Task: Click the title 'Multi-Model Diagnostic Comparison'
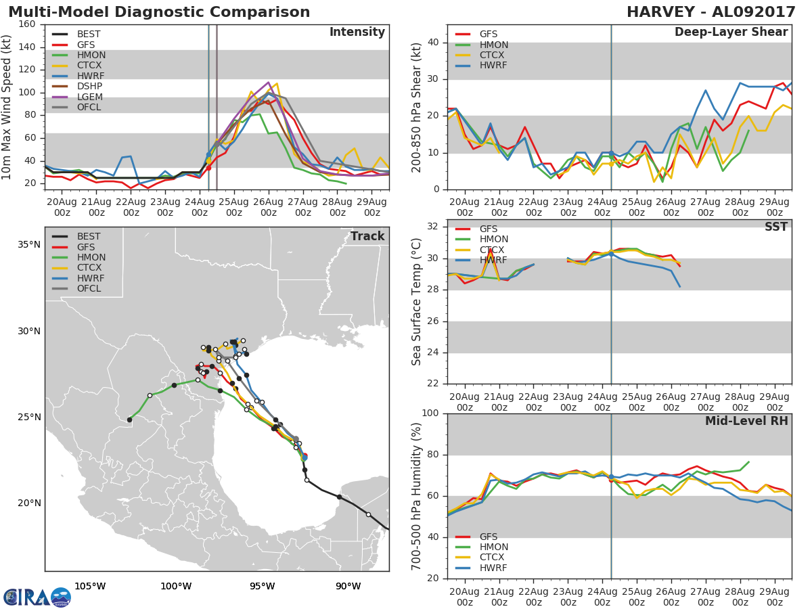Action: coord(159,12)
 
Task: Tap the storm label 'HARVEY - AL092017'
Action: coord(711,12)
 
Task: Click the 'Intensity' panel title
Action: coord(357,32)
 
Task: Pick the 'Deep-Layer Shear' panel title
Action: coord(731,32)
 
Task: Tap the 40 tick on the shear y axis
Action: coord(433,42)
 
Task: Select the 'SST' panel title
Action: coord(776,226)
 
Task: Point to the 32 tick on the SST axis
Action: coord(433,226)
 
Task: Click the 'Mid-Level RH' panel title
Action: coord(746,421)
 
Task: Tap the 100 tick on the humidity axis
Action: coord(430,413)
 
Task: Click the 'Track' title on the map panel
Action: coord(367,236)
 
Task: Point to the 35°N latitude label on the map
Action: coord(29,245)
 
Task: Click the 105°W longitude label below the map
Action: coord(90,586)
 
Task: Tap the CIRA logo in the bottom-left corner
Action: coord(37,597)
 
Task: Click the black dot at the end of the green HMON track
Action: coord(129,420)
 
